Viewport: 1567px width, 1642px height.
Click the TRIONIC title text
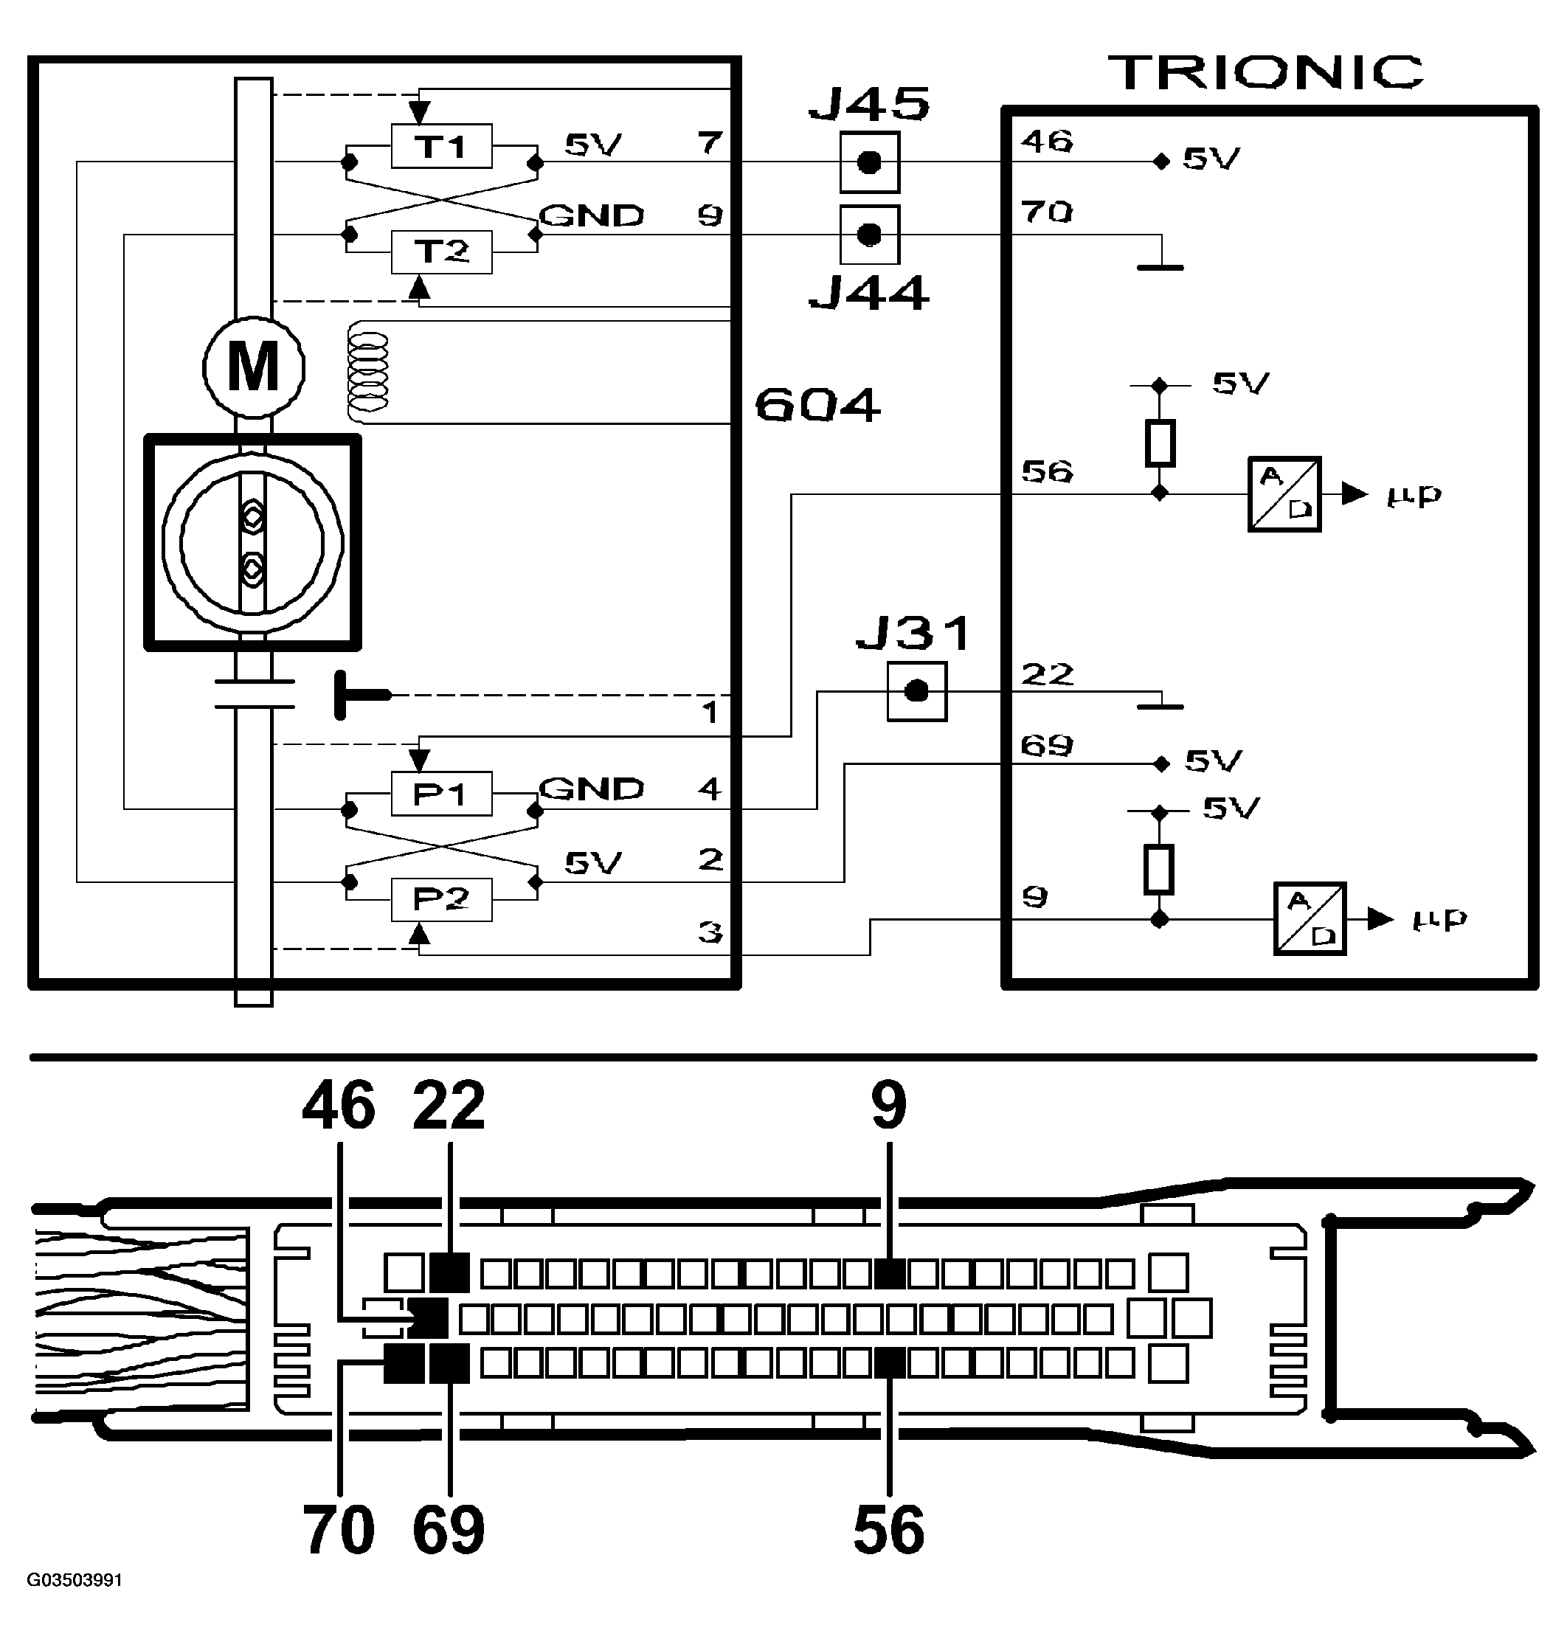click(1265, 73)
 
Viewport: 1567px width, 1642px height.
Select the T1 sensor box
click(441, 146)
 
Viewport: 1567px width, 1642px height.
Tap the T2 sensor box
click(441, 252)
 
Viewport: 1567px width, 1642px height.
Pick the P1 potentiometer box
click(441, 794)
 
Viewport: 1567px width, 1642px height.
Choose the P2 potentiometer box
click(441, 899)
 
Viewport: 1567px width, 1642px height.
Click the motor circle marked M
click(253, 367)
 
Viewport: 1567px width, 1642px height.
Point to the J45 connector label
click(868, 105)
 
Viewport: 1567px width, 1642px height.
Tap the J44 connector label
click(868, 294)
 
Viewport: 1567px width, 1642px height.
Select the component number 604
click(817, 406)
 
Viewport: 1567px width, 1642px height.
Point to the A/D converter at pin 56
click(1284, 493)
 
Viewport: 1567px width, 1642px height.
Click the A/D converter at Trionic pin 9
click(1309, 918)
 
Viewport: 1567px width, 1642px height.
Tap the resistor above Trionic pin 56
click(1159, 443)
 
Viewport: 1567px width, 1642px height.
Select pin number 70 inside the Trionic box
click(1046, 212)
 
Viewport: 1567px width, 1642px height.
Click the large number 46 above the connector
click(339, 1105)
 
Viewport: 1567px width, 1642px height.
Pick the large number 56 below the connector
click(889, 1529)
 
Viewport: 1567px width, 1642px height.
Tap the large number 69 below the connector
click(449, 1529)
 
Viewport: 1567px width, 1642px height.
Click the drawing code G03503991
click(75, 1580)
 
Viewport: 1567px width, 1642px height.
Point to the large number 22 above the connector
click(449, 1105)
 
